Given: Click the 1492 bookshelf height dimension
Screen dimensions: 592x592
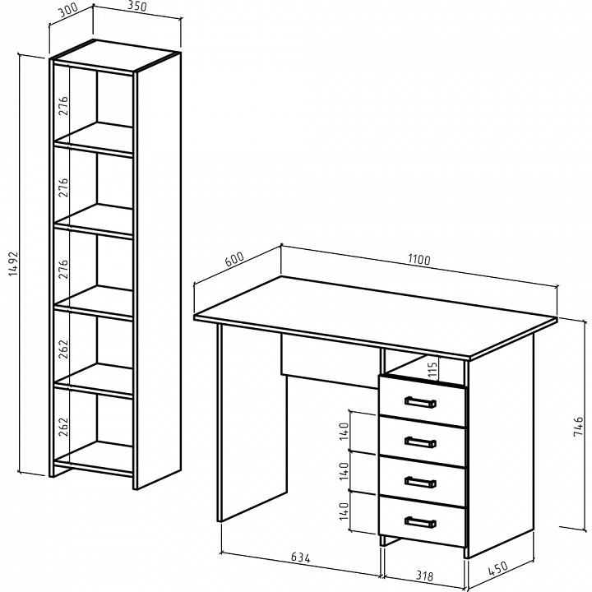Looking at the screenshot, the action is [x=13, y=264].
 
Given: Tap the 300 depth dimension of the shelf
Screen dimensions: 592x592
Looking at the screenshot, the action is [x=68, y=11].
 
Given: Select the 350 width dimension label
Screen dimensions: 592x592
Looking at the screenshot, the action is [x=136, y=7].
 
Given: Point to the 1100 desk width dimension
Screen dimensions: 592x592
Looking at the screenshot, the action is [x=419, y=260].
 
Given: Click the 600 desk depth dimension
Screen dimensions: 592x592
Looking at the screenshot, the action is [x=234, y=259].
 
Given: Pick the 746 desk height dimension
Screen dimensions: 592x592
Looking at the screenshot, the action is [x=578, y=427].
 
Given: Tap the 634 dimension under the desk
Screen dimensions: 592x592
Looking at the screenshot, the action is [x=301, y=557].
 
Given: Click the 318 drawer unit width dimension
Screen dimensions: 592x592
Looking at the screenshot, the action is [x=424, y=576].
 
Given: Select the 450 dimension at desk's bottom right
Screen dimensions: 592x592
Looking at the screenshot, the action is [x=497, y=569].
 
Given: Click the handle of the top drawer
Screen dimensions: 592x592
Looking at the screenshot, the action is [x=420, y=402].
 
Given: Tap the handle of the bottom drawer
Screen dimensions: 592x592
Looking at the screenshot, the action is [x=420, y=522].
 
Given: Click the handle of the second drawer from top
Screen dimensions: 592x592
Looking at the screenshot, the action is [x=420, y=442].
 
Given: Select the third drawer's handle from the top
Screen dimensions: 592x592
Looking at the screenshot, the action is [x=420, y=482].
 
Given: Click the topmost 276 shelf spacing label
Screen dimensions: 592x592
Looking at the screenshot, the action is [x=63, y=106].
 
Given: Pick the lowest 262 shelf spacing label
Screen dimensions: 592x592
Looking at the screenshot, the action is [x=63, y=427].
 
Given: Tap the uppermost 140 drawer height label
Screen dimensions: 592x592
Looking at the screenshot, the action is [x=344, y=431].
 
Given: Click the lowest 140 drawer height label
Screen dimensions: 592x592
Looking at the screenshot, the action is [x=344, y=511].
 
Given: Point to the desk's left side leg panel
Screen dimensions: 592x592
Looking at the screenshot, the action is [x=252, y=423].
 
